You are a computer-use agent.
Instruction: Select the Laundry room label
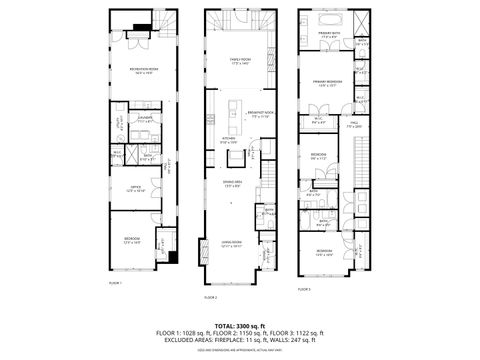tap(145, 119)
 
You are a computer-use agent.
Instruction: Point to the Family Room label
tap(239, 61)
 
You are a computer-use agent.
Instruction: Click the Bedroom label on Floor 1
tap(132, 239)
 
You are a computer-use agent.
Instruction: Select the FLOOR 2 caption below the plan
tap(211, 297)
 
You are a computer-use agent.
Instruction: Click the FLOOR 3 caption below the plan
tap(304, 289)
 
